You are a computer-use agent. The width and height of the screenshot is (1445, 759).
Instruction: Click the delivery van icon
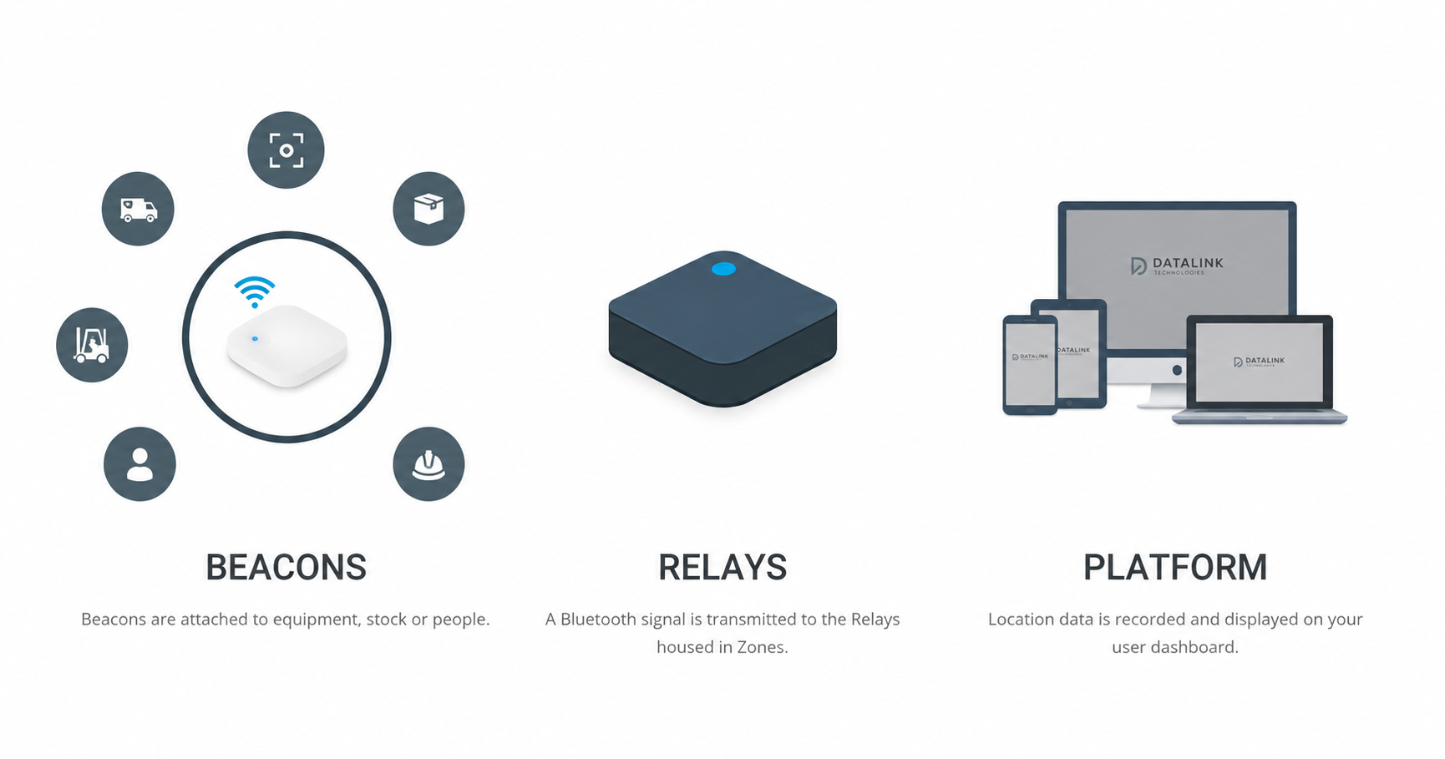click(138, 209)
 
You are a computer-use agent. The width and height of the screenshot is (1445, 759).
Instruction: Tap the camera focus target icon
click(286, 150)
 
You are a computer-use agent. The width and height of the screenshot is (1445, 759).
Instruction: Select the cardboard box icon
click(428, 209)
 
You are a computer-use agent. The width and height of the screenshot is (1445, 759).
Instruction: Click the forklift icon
click(92, 345)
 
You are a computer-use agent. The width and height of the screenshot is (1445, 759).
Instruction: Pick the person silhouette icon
click(139, 464)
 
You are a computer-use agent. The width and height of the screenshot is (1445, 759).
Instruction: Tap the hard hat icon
click(428, 464)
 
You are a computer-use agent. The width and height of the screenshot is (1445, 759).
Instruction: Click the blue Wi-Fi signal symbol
click(255, 291)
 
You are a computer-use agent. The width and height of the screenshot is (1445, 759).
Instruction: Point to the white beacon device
click(287, 346)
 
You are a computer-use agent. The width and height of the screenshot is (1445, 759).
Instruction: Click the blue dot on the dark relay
click(723, 269)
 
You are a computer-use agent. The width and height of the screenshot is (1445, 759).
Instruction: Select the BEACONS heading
click(286, 567)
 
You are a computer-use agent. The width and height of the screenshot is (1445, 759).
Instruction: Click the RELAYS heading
click(722, 567)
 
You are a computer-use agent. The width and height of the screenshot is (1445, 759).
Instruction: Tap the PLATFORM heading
click(1175, 567)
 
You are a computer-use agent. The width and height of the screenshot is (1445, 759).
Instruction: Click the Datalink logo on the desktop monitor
click(1177, 266)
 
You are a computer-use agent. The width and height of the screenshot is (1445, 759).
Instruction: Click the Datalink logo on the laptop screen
click(1260, 362)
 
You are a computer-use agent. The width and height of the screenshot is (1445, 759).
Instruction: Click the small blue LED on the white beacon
click(255, 339)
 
